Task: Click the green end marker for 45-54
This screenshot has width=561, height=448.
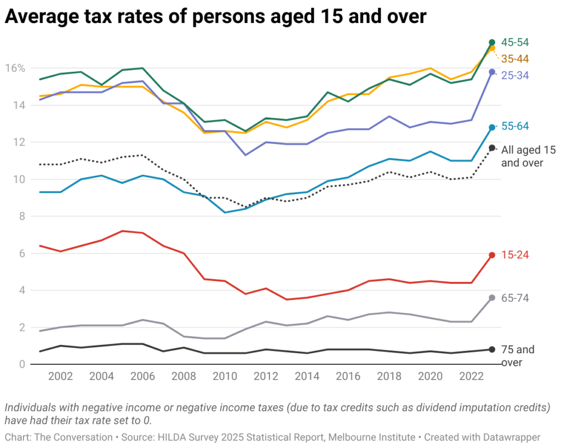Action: (x=492, y=42)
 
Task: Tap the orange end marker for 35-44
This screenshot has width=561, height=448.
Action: (x=492, y=48)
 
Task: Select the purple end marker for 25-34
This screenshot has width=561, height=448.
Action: (x=492, y=72)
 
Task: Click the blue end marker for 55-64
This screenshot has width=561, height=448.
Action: (x=492, y=127)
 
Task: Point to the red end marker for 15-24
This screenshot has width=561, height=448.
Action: (x=492, y=255)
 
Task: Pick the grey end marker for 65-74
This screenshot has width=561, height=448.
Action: (x=492, y=297)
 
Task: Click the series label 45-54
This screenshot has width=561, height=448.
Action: (x=515, y=42)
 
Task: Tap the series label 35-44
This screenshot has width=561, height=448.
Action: (x=515, y=59)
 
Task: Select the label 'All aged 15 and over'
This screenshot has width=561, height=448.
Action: (x=522, y=156)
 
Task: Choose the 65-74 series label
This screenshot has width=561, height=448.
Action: (x=515, y=297)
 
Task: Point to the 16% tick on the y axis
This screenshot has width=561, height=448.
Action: (x=15, y=68)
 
